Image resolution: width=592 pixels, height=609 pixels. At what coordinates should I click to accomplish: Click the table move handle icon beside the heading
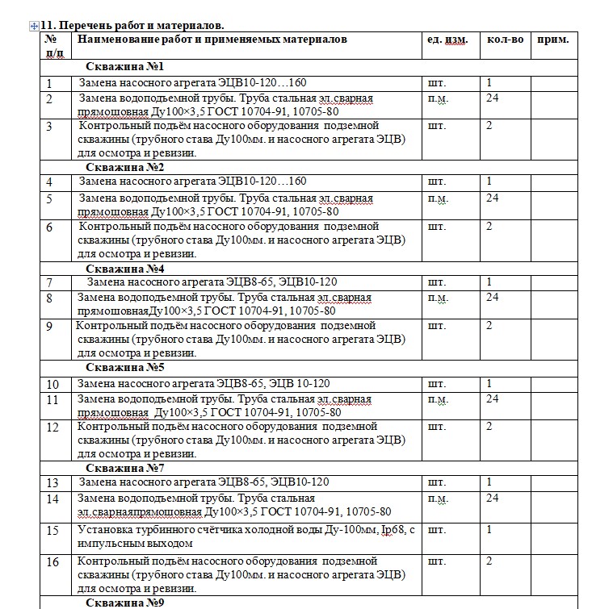[33, 26]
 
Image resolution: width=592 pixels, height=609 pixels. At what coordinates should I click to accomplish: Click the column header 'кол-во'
[505, 40]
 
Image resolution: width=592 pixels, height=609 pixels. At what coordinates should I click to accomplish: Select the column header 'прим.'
[552, 40]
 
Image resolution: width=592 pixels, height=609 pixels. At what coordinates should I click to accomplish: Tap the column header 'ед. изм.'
[447, 40]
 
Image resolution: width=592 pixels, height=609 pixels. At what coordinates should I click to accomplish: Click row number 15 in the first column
[52, 531]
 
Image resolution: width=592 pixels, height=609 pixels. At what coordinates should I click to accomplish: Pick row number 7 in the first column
[49, 283]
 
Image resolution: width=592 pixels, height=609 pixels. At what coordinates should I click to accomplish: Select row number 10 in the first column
[52, 384]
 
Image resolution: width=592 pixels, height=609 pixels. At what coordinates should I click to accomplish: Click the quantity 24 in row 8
[492, 298]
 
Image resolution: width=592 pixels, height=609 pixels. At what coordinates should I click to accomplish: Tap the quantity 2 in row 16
[489, 561]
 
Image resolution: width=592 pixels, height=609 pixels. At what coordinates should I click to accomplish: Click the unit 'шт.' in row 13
[435, 482]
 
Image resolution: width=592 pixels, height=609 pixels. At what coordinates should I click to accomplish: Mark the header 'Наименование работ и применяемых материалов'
[212, 40]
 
